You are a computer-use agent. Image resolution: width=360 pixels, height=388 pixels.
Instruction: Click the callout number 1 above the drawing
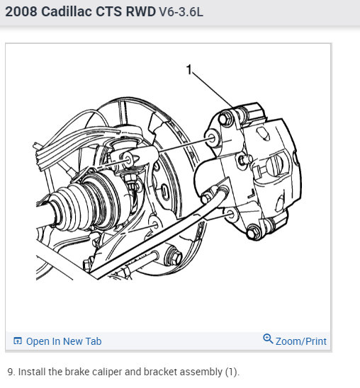point(189,69)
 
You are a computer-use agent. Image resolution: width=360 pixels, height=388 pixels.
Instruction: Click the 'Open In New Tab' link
point(64,341)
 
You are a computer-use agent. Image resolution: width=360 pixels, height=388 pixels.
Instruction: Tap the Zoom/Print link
point(300,341)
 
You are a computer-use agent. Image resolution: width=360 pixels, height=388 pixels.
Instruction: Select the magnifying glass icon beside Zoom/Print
point(268,338)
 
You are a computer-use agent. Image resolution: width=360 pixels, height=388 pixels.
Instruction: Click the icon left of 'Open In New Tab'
point(18,341)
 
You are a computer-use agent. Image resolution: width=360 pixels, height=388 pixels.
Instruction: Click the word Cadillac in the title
point(67,11)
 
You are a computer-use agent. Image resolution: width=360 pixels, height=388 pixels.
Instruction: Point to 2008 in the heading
point(21,11)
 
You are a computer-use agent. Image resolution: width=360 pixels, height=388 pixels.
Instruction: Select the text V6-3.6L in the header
point(181,11)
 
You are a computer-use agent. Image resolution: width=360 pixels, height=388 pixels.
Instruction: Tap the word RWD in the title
point(141,11)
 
